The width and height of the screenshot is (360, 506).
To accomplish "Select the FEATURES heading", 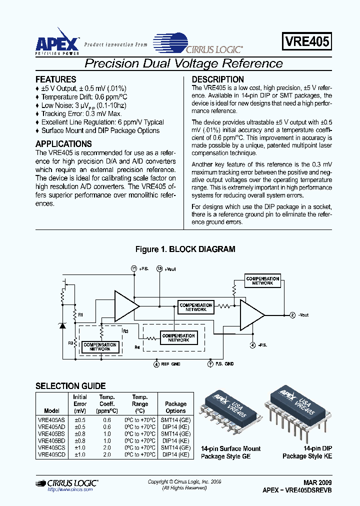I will (56, 79).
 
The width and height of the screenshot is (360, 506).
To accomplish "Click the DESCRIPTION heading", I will (218, 79).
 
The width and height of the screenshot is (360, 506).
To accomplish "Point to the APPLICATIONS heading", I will (63, 144).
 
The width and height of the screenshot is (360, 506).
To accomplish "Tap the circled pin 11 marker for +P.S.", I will (134, 268).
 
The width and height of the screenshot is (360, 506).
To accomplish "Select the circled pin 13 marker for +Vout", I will (159, 268).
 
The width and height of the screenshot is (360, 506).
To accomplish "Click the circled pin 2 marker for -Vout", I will (292, 315).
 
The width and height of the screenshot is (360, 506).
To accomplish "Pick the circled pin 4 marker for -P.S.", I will (252, 345).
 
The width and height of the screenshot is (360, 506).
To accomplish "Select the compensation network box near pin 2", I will (262, 280).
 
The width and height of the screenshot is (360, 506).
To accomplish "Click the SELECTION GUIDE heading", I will (70, 386).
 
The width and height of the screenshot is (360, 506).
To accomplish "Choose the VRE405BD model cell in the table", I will (51, 441).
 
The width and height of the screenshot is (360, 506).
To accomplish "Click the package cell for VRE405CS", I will (175, 448).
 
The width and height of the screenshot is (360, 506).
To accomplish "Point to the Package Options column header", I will (175, 407).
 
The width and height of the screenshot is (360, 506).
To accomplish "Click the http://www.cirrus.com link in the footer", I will (70, 490).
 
